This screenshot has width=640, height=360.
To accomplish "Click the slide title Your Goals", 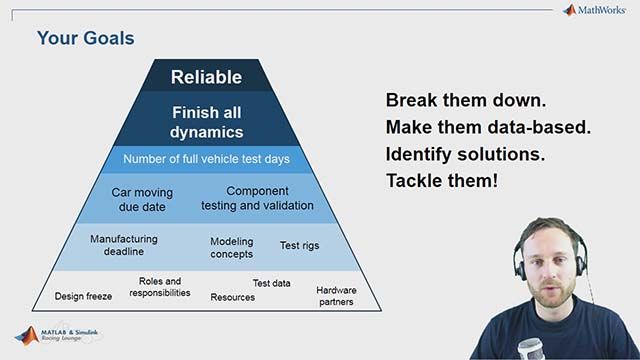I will [x=85, y=39].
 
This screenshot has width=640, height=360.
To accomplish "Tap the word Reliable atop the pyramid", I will [x=206, y=77].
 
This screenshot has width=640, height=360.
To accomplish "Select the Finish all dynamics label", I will [x=207, y=122].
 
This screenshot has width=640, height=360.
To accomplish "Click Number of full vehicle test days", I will [x=206, y=159].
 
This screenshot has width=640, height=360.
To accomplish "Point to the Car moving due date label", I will [x=141, y=199].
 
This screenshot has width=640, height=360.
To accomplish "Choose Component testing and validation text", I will [x=257, y=198].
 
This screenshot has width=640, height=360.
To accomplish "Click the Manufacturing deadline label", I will [x=124, y=246].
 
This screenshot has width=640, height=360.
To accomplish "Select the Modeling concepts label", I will [x=231, y=247].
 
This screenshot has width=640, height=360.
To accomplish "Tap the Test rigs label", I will [x=299, y=245].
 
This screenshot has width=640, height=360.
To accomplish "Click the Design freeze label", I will [x=84, y=297].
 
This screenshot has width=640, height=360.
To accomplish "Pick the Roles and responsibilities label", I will [x=159, y=287].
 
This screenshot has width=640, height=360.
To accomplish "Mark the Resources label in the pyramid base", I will [x=232, y=297].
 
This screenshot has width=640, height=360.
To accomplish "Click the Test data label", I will [x=271, y=283].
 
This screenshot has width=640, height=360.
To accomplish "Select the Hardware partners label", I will [x=336, y=296].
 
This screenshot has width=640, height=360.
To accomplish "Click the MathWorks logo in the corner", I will [x=595, y=11].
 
